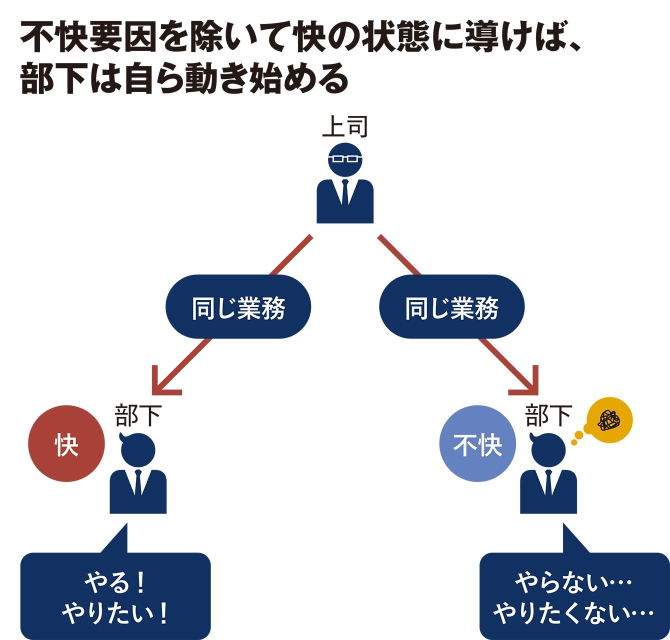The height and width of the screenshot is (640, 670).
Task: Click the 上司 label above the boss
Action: [x=345, y=126]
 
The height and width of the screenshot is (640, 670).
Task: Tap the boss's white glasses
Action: [x=345, y=159]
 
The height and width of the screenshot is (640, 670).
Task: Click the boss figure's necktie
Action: [x=345, y=192]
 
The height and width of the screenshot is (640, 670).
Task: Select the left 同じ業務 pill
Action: [x=238, y=307]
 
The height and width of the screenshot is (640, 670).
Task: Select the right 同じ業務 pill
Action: [x=452, y=307]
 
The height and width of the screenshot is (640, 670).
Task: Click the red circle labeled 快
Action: [x=66, y=443]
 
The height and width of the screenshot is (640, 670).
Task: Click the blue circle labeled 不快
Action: [x=477, y=443]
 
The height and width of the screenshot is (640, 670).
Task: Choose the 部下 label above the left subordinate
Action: [x=138, y=415]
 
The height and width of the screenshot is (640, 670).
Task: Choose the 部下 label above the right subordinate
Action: [x=548, y=415]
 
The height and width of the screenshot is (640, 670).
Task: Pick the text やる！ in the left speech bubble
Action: [x=115, y=582]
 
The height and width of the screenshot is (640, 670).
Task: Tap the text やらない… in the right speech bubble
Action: [x=573, y=582]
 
